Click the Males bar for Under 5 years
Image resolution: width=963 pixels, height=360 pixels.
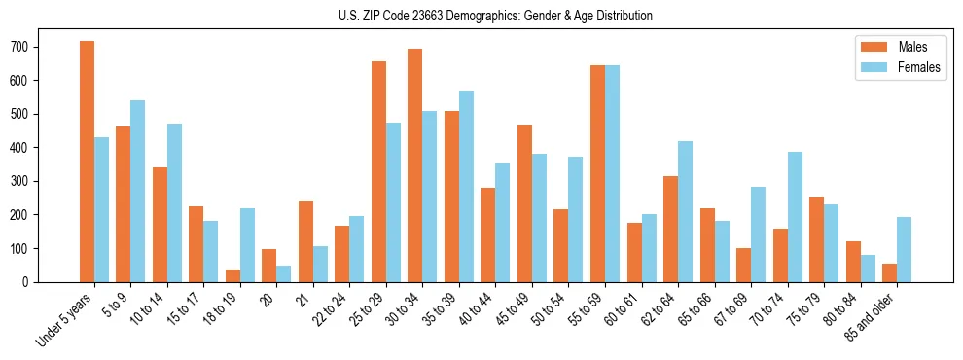[x=87, y=162]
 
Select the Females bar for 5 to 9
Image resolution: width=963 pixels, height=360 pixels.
[x=138, y=191]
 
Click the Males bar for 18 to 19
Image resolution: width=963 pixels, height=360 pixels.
[x=232, y=275]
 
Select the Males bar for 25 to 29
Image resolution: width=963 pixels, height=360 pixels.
[x=378, y=171]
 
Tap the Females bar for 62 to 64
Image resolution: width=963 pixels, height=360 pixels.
[x=685, y=211]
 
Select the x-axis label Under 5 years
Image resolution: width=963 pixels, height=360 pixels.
[x=67, y=318]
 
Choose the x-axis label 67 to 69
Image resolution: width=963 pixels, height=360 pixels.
[x=736, y=308]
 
